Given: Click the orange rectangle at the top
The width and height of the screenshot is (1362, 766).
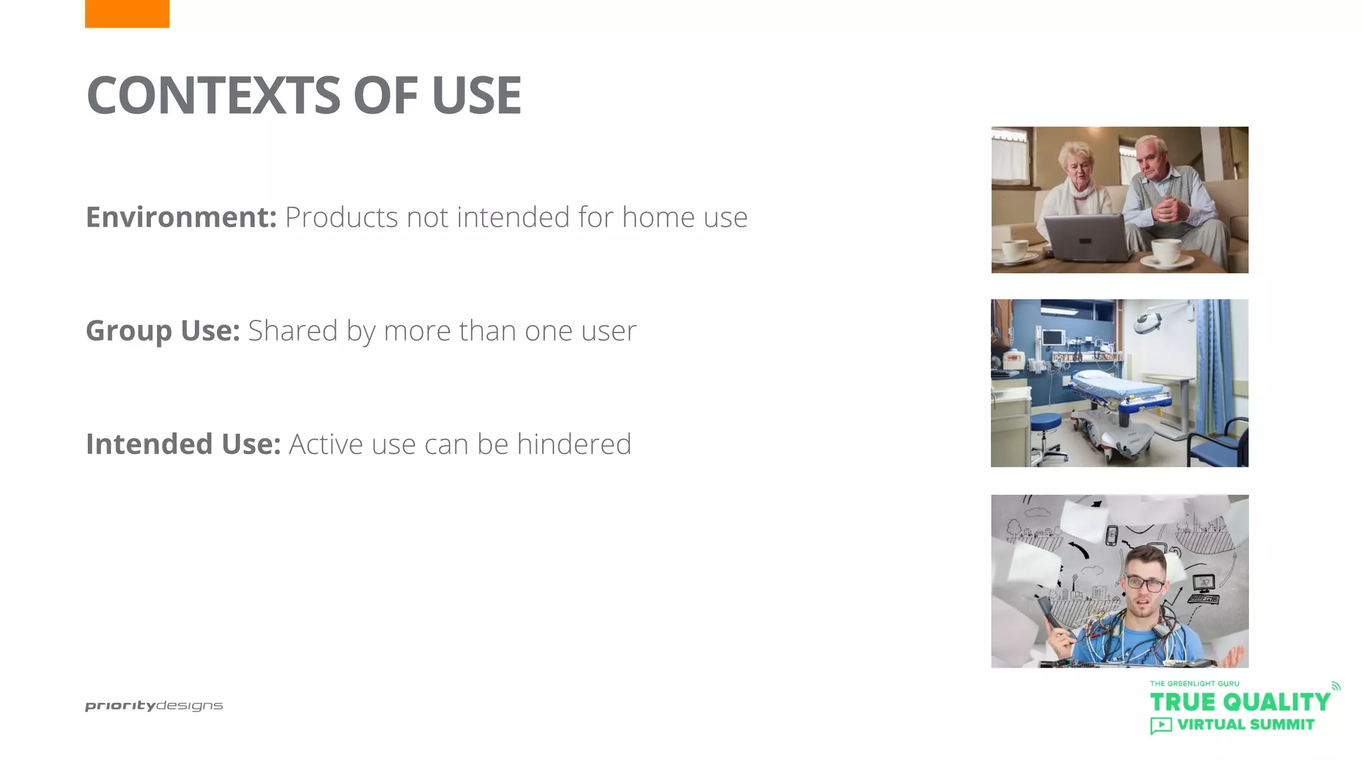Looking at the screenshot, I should (x=127, y=13).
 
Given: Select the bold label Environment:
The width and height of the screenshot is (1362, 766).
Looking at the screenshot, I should (x=181, y=217).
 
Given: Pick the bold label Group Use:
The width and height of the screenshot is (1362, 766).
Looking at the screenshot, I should (x=162, y=330).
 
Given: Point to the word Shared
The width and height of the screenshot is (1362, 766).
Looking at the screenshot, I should (x=293, y=330).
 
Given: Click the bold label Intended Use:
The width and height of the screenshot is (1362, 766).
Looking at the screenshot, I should (x=183, y=444).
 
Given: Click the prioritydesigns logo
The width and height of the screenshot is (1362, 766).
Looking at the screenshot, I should (x=154, y=705).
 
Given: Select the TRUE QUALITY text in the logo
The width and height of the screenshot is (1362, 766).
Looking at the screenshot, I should (x=1240, y=702).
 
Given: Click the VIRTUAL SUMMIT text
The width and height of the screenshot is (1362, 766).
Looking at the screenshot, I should (x=1245, y=725).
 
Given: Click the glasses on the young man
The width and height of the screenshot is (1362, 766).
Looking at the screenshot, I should (x=1145, y=584).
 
